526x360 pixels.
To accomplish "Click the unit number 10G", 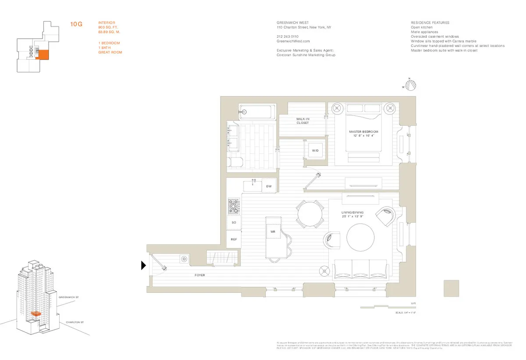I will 76,24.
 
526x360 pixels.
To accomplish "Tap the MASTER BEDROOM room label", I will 363,134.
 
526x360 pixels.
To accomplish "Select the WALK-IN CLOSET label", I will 302,121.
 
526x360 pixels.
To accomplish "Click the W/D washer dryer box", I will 315,150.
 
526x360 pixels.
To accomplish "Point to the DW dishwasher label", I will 269,186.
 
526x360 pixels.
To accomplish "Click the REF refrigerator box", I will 234,239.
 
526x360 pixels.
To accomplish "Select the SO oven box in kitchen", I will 234,223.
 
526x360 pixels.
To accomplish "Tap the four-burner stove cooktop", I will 234,206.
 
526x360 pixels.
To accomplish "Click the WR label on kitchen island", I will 272,231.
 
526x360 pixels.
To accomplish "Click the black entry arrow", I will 143,265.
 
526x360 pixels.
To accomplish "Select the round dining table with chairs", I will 310,214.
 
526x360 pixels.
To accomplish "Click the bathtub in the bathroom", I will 257,112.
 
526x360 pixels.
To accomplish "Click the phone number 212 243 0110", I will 287,36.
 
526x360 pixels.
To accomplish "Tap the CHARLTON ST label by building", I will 75,322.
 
